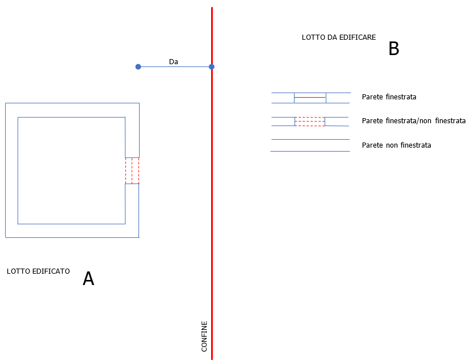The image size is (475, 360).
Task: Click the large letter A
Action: [x=89, y=279]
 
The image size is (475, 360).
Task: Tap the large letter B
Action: [x=394, y=49]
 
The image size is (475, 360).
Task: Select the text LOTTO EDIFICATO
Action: [x=38, y=271]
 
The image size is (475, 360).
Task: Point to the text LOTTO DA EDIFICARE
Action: [x=338, y=37]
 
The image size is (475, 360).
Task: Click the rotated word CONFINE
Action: [x=204, y=336]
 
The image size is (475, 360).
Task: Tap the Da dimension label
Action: [x=174, y=62]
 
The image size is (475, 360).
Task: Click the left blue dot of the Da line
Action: [x=138, y=67]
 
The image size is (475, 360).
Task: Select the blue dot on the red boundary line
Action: [x=212, y=67]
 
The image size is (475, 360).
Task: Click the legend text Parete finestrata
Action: [x=389, y=97]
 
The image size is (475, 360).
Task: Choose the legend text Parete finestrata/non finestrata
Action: [x=414, y=121]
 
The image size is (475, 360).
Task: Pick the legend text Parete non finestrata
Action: [x=397, y=145]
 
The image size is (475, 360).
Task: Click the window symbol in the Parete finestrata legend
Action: [x=310, y=98]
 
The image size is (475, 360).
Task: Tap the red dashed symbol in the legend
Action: [x=310, y=122]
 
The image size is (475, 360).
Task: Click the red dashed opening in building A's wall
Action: [x=132, y=171]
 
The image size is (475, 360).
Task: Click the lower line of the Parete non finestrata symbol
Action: [x=310, y=151]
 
